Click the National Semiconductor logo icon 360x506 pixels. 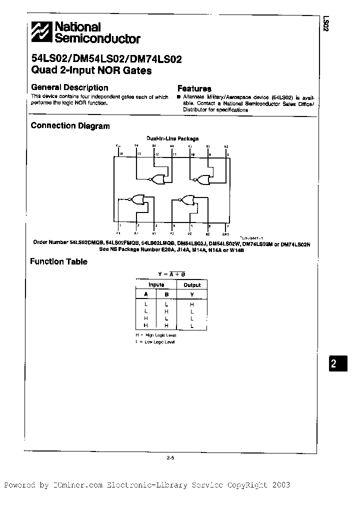click(41, 32)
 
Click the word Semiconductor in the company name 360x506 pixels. click(97, 38)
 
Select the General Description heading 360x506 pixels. click(69, 87)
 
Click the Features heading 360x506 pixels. click(194, 88)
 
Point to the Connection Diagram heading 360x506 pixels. click(70, 126)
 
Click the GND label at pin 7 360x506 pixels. click(225, 233)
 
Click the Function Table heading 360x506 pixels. click(58, 261)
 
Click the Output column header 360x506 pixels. click(192, 285)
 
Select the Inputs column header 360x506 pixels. click(156, 285)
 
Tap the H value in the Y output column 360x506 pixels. click(192, 304)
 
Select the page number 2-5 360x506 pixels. click(170, 457)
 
